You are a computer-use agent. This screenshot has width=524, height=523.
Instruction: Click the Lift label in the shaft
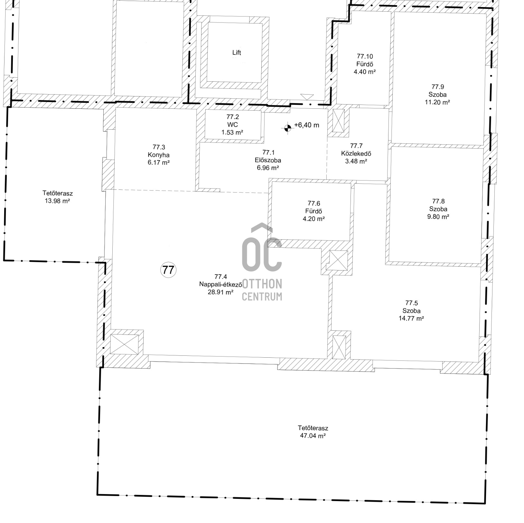[237, 52]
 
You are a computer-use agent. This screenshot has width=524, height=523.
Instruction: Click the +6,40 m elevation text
[307, 125]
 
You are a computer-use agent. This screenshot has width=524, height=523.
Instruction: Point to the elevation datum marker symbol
[287, 128]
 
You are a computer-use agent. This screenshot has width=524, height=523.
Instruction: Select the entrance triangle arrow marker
[307, 97]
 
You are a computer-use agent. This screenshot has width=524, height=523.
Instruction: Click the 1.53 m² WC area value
[232, 132]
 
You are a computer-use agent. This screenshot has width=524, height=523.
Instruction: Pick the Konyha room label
[159, 155]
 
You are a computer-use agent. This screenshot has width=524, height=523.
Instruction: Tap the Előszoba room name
[268, 160]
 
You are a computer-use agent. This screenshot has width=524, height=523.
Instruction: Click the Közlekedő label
[356, 153]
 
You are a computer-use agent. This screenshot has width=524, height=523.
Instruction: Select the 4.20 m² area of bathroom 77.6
[314, 219]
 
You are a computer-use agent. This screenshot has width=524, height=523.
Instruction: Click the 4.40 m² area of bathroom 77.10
[365, 72]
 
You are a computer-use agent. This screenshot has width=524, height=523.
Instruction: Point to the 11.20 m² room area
[437, 102]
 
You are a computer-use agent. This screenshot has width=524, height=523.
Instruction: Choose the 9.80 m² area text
[438, 217]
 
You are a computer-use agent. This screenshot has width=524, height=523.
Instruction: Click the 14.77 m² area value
[411, 318]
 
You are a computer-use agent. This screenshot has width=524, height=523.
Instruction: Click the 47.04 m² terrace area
[313, 436]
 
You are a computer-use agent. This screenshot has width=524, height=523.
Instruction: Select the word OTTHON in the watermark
[262, 284]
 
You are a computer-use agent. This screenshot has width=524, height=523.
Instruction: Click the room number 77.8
[438, 201]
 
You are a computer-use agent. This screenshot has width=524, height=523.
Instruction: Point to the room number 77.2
[232, 117]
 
